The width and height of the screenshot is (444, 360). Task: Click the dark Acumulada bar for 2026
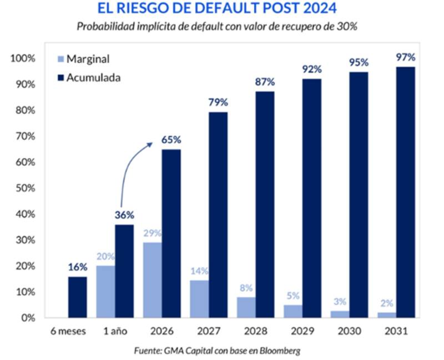(x=171, y=233)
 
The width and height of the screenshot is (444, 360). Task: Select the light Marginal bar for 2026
(x=152, y=280)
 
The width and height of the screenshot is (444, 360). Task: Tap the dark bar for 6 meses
(x=77, y=297)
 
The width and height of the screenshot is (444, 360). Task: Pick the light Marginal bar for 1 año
(x=105, y=292)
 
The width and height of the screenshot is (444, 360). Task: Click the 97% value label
(x=406, y=57)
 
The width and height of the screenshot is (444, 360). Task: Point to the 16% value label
(x=78, y=267)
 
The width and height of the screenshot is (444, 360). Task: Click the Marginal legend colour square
(x=60, y=59)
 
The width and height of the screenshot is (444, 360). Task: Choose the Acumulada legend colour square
(x=60, y=77)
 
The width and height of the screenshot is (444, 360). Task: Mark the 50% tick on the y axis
(x=25, y=188)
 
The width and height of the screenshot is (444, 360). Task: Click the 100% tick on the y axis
(x=23, y=59)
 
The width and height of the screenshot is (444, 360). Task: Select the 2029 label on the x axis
(x=302, y=331)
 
